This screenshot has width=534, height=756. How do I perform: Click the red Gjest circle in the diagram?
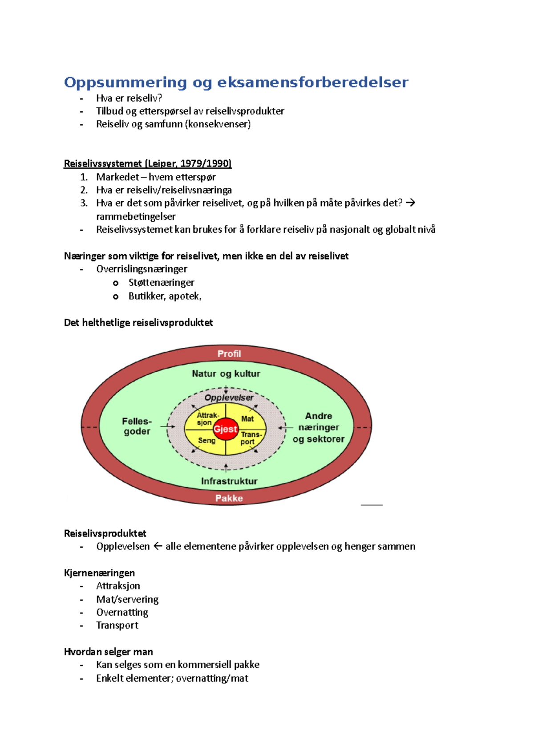226,429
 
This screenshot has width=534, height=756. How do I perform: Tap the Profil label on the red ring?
229,354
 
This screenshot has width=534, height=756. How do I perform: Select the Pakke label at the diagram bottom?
229,498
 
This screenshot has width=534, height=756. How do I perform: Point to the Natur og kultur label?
226,374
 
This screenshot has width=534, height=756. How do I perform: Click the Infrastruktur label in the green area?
229,481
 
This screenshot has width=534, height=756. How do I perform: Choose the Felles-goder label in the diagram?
137,426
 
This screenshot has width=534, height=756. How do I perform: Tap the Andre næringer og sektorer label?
319,427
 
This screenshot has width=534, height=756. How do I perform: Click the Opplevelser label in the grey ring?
229,398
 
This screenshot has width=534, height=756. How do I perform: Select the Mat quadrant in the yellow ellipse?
247,419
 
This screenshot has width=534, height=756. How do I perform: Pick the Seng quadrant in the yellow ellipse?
206,440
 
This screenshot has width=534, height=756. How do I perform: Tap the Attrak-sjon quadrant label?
207,419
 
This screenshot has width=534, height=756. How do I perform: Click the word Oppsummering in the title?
125,82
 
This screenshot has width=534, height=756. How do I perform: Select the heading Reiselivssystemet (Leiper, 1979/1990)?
148,163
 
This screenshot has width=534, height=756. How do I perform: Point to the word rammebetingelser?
136,216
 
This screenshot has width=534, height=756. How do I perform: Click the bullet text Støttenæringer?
161,282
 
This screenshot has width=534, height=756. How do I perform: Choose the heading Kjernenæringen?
99,573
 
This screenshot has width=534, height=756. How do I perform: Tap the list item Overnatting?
122,612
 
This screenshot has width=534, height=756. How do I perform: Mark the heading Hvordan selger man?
108,652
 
